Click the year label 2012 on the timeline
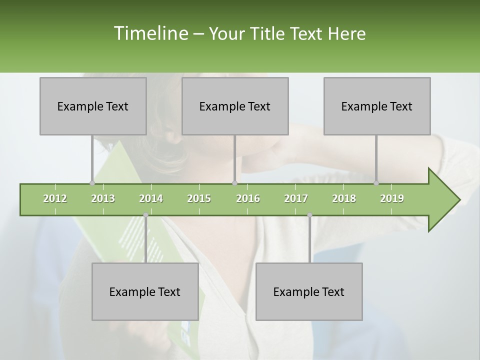click(55, 198)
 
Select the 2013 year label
click(103, 198)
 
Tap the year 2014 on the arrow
click(151, 198)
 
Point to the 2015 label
click(199, 198)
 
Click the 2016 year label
click(248, 198)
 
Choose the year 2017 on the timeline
click(296, 198)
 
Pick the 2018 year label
click(344, 198)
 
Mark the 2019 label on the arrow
click(392, 198)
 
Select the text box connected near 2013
click(93, 106)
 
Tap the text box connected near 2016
click(235, 106)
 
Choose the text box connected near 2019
click(377, 106)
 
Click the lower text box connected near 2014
click(145, 291)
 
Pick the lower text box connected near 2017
click(309, 291)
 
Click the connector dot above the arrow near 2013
click(92, 183)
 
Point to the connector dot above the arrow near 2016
click(234, 183)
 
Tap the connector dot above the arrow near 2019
click(376, 183)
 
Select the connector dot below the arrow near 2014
click(145, 215)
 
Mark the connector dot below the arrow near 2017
click(309, 215)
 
